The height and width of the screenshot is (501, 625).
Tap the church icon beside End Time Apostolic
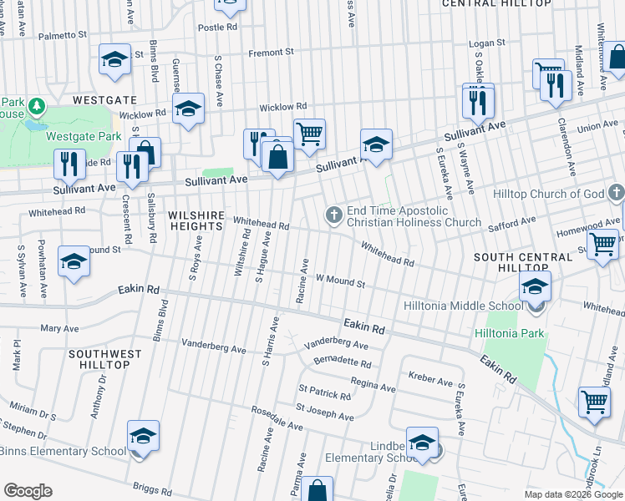click(333, 216)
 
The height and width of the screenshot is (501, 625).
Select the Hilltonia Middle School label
click(463, 306)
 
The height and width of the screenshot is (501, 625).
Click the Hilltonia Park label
click(510, 333)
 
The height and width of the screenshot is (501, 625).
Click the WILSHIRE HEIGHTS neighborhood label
click(196, 220)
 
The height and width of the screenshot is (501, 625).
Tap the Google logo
click(28, 491)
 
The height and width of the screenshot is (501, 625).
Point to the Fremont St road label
click(272, 52)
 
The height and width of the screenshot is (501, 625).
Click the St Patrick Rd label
click(324, 392)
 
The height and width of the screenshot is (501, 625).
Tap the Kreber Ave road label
click(430, 380)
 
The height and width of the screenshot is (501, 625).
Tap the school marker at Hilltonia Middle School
click(535, 288)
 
